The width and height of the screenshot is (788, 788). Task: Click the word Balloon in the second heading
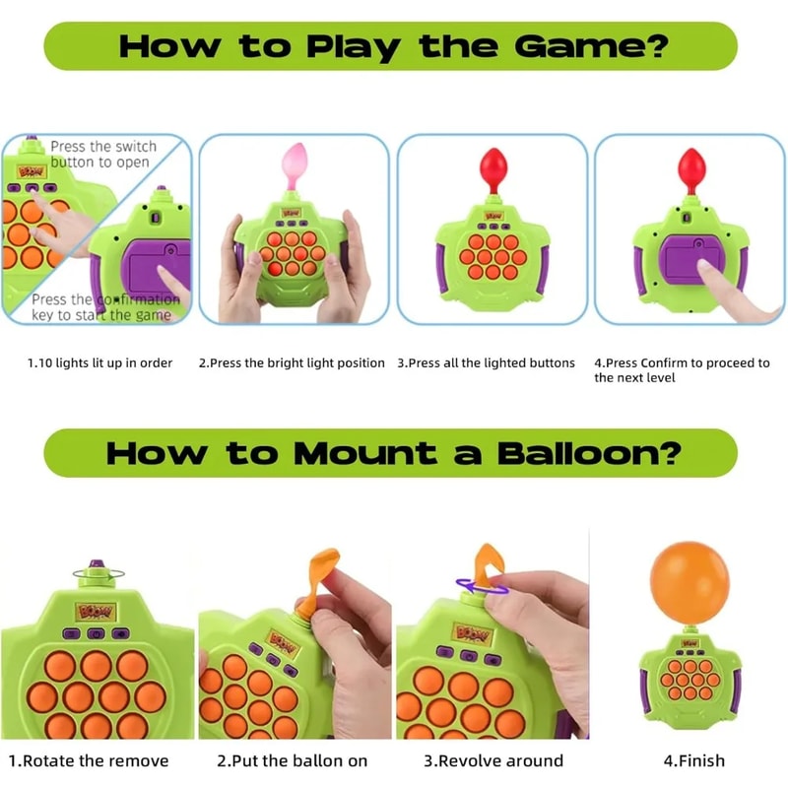(x=580, y=453)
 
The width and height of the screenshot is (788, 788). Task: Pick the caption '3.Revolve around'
(x=493, y=760)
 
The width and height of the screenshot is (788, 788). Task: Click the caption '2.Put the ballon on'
(x=292, y=760)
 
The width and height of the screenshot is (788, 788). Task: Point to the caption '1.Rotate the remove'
(x=89, y=760)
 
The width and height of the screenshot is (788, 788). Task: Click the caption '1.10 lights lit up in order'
(x=99, y=362)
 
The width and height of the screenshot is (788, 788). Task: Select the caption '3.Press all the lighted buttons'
(x=486, y=362)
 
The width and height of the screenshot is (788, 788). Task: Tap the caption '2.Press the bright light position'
(x=292, y=362)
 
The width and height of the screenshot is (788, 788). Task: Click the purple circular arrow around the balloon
(x=484, y=588)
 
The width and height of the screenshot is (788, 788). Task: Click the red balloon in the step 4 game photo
(x=689, y=164)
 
